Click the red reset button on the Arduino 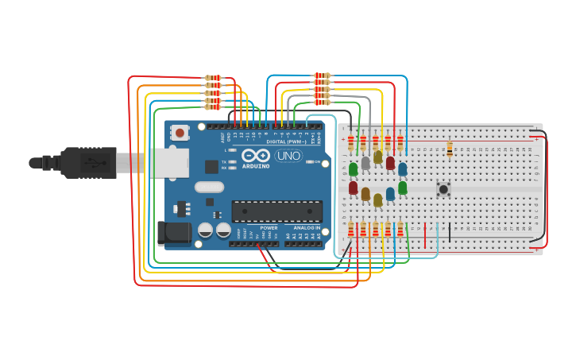180,133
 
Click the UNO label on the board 288,156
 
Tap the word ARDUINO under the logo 257,165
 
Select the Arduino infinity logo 256,155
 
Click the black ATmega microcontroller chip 276,211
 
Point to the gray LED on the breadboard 365,163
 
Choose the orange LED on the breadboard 365,194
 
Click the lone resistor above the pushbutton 450,149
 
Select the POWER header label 269,228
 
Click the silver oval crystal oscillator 208,188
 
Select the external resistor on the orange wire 212,86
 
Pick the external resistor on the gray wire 322,96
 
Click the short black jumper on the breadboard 450,233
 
